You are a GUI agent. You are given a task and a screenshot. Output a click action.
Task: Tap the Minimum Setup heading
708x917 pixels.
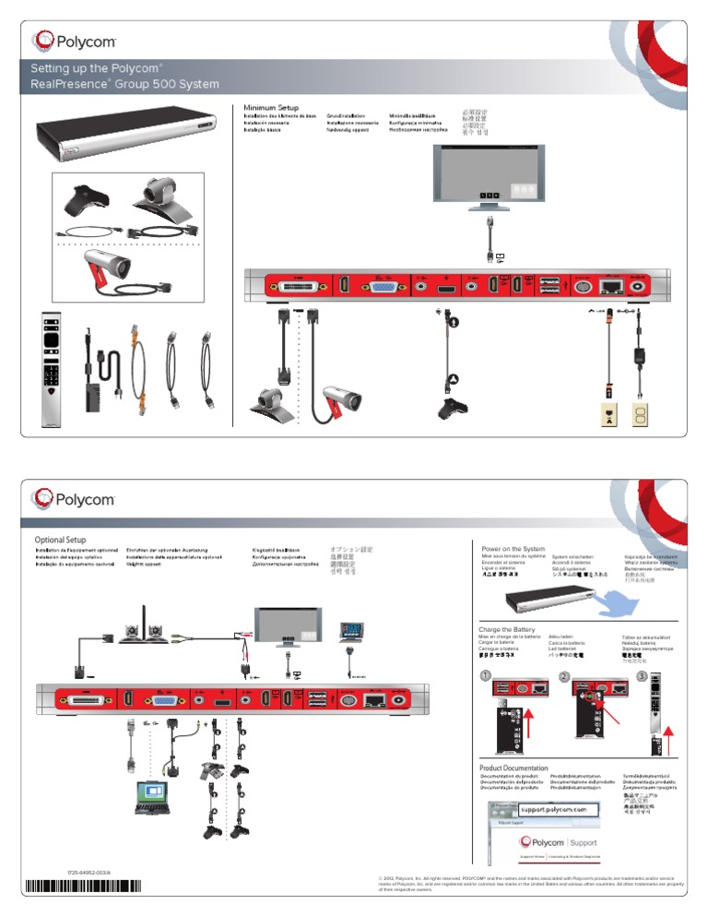(x=271, y=109)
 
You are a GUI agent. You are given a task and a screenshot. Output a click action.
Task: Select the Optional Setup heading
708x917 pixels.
(x=61, y=540)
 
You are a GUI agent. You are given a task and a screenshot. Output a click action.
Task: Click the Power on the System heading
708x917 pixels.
(x=513, y=549)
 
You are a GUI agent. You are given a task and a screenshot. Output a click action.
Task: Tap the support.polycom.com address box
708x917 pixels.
(x=548, y=810)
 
